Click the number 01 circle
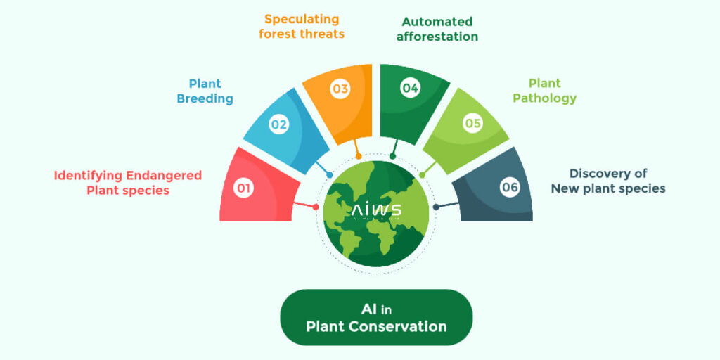tap(243, 188)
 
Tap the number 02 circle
tap(279, 124)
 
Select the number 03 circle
tap(341, 89)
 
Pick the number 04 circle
tap(410, 88)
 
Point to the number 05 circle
tap(472, 124)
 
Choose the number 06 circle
tap(510, 188)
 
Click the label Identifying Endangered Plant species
tap(128, 182)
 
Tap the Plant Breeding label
tap(205, 91)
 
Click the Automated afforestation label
tap(437, 29)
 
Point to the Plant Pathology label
tap(544, 91)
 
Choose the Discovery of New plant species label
tap(608, 181)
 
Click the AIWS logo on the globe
tap(376, 210)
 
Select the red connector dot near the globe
tap(316, 207)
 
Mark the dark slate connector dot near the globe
tap(436, 207)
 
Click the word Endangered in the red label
tap(164, 175)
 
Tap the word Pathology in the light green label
tap(544, 98)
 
